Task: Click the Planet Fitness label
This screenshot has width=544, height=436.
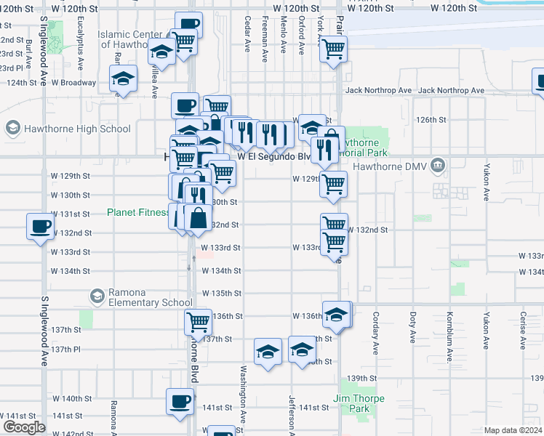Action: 138,213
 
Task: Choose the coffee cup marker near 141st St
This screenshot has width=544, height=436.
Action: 180,400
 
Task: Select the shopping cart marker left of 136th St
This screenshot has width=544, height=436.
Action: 198,320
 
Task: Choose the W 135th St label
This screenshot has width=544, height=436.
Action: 221,294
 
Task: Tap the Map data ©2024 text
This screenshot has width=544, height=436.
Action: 513,430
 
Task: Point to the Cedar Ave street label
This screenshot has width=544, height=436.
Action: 247,35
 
